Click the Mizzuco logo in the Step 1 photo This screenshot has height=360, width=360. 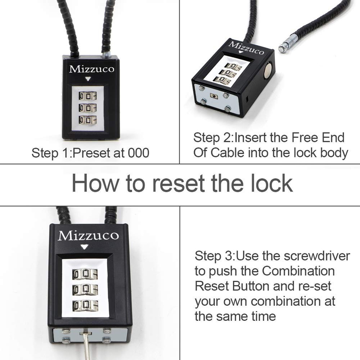91,69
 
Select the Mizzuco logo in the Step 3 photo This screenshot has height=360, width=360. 88,235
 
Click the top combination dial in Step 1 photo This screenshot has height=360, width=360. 87,96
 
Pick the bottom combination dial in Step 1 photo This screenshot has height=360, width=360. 87,120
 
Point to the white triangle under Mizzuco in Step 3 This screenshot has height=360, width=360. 84,247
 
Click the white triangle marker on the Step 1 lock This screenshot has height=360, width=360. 89,79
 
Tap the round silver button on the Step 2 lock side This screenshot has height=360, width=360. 267,72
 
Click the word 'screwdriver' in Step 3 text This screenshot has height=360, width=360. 317,256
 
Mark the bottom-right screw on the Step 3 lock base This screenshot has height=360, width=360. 107,339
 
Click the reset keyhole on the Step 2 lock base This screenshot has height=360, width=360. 214,96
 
